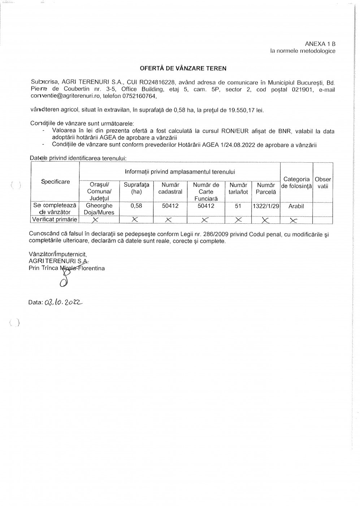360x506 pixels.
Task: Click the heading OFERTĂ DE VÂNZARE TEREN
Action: [183, 68]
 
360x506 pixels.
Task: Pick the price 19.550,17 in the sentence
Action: [241, 110]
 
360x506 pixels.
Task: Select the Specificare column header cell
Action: [55, 181]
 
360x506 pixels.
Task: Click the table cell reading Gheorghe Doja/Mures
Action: [99, 209]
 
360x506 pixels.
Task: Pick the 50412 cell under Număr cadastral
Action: [170, 206]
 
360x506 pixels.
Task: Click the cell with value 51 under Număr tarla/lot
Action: [238, 206]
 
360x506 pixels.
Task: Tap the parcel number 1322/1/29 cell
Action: [266, 206]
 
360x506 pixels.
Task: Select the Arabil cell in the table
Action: [296, 206]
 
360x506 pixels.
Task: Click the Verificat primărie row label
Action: [55, 219]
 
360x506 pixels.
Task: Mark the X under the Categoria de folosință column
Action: [294, 220]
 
